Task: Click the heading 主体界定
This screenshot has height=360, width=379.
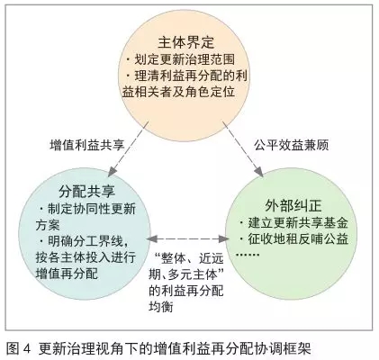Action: [186, 42]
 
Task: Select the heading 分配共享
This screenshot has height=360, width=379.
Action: [86, 191]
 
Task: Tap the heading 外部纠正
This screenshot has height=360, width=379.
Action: [293, 206]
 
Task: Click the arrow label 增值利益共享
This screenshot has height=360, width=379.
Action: [87, 145]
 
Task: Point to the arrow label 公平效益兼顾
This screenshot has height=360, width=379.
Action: [292, 145]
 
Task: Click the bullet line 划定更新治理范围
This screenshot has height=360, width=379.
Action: [184, 59]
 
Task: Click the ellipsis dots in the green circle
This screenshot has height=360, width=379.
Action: [248, 256]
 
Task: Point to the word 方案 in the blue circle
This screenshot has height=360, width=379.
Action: [48, 225]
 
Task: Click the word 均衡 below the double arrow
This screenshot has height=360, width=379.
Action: [161, 306]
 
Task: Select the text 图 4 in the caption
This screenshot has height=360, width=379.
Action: [18, 349]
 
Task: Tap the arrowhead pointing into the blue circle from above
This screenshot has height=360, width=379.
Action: [112, 173]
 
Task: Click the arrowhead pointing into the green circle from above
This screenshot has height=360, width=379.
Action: [259, 173]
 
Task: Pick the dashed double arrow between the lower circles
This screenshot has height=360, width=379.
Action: [188, 238]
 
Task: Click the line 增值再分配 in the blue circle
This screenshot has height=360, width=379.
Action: [67, 274]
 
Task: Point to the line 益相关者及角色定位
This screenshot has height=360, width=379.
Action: [178, 92]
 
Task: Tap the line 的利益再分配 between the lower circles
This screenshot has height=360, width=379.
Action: [186, 291]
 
